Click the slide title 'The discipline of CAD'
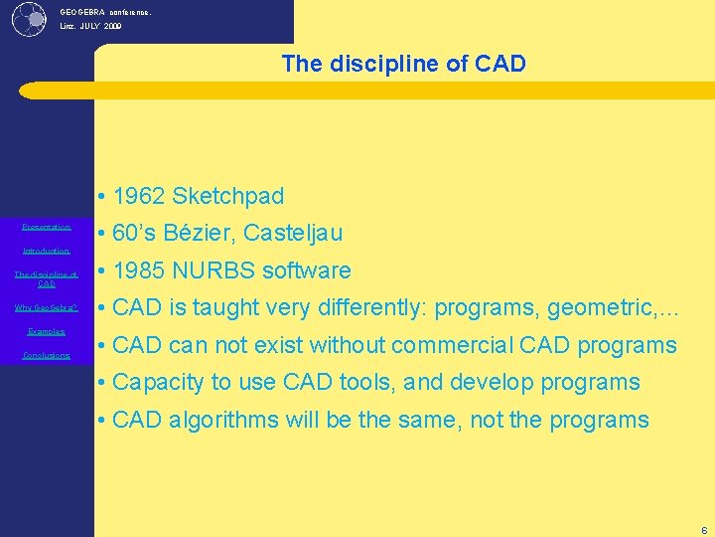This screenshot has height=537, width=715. tap(403, 65)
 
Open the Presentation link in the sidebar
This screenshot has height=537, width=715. tap(47, 227)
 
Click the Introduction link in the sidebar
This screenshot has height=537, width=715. tap(47, 252)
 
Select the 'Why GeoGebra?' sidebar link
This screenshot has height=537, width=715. tap(47, 307)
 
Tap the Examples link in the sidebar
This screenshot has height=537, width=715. tap(47, 331)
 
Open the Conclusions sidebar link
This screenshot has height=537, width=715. tap(47, 355)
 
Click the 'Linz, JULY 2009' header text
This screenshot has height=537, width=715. tap(90, 27)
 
